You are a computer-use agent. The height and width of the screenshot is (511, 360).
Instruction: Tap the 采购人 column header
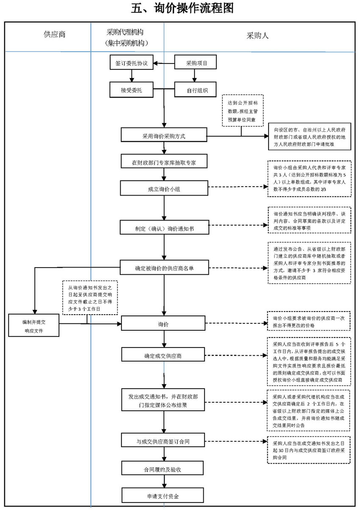(x=258, y=36)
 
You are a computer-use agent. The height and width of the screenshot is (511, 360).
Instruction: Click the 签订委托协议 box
(x=131, y=64)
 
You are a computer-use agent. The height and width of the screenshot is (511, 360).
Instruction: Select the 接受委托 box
(x=131, y=90)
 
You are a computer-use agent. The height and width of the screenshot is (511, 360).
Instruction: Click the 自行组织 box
(x=196, y=90)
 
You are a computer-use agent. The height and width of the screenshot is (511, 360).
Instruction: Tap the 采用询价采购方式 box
(x=163, y=135)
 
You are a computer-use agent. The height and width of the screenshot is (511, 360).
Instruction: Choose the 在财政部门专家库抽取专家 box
(x=163, y=162)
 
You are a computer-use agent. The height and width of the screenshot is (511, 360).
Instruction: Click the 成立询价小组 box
(x=163, y=189)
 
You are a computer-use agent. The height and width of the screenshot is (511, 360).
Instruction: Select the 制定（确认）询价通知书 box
(x=163, y=228)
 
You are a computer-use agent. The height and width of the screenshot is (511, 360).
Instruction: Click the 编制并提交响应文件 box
(x=34, y=325)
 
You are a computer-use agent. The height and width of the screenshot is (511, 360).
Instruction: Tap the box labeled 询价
(x=163, y=324)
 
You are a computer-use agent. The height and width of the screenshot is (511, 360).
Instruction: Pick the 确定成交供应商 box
(x=163, y=355)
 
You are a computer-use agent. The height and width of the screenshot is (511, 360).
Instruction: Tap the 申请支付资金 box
(x=163, y=495)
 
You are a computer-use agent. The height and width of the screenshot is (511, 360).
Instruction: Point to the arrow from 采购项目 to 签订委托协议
(x=164, y=64)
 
